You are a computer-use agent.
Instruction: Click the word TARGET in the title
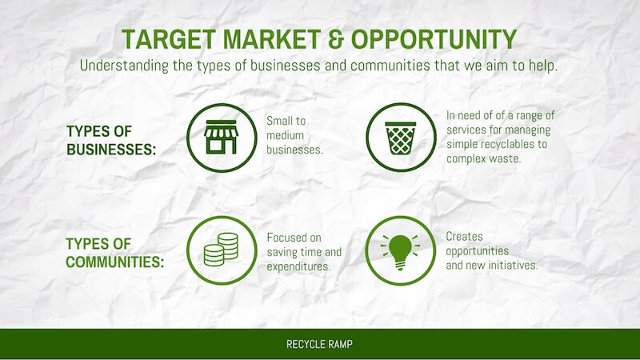point(169,39)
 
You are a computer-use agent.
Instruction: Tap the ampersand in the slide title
point(335,39)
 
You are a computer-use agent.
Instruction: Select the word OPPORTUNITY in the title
point(434,39)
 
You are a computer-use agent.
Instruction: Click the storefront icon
point(222,137)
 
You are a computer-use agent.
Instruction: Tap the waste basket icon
point(401,138)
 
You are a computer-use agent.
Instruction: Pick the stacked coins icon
point(221,250)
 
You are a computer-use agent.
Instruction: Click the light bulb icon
point(400,252)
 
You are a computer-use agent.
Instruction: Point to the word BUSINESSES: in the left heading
point(111,150)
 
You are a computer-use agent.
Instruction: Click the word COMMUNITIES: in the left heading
point(114,262)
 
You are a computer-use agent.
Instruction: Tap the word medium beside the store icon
point(286,135)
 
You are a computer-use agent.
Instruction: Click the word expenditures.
point(298,266)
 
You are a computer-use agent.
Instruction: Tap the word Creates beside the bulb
point(464,236)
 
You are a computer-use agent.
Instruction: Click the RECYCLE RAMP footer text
point(319,344)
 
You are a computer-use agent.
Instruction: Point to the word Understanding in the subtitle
point(124,66)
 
